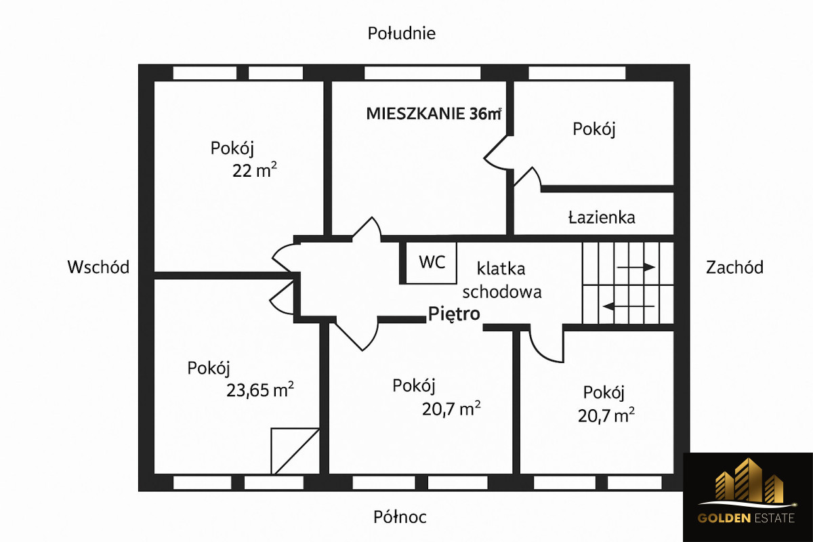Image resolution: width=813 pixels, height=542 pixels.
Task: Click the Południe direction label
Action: (x=401, y=33)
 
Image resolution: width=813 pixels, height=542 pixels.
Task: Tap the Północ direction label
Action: (x=400, y=518)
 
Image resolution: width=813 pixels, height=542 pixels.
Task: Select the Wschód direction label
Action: (x=98, y=267)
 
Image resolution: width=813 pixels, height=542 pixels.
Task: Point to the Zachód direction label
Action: (x=734, y=267)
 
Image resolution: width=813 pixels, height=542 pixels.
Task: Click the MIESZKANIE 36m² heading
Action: (x=433, y=113)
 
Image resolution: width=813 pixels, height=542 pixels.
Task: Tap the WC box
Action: (x=432, y=262)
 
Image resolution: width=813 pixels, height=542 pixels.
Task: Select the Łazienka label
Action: (x=602, y=217)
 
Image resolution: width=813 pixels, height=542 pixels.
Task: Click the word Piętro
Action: (x=454, y=314)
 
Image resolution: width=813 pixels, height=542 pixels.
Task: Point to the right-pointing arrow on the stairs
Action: (x=636, y=267)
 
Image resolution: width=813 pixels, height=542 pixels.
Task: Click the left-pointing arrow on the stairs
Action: (x=629, y=306)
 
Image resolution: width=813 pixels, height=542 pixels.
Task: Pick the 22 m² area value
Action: (x=254, y=171)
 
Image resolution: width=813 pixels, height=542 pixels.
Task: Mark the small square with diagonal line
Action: (x=295, y=451)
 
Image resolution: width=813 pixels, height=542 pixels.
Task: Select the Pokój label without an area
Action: (x=594, y=129)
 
